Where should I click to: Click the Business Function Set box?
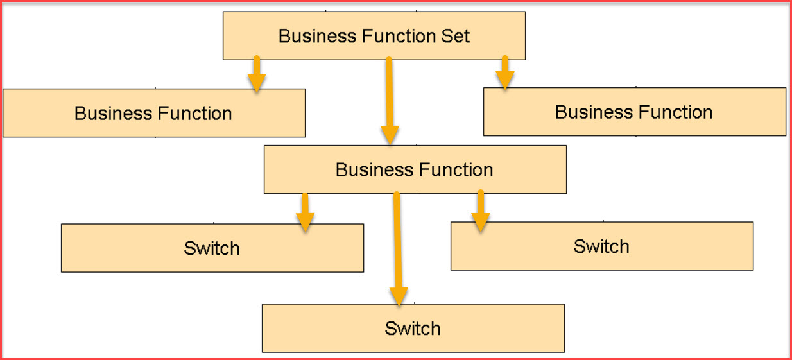coord(374,35)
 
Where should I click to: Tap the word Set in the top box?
coord(455,36)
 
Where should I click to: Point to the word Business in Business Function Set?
coord(310,36)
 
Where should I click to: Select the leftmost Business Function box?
coord(153,113)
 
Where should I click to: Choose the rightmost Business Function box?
coord(634,112)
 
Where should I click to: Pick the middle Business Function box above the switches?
coord(415,169)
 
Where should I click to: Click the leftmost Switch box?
coord(212,248)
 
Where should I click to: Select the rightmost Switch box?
coord(601,246)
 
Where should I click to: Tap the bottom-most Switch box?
coord(413,328)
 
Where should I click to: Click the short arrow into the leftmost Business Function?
coord(257,73)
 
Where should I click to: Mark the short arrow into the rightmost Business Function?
coord(505,72)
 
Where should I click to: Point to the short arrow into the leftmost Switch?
coord(305,212)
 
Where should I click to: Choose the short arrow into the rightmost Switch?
coord(480,210)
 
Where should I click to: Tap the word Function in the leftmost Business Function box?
coord(193,114)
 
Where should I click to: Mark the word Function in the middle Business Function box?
coord(454,170)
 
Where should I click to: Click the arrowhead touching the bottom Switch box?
coord(399,295)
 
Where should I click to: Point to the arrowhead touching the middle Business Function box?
coord(390,135)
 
